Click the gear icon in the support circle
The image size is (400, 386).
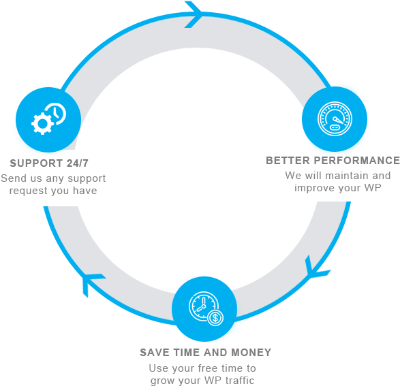(42, 124)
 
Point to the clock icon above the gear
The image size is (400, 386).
(56, 113)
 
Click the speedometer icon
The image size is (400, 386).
(335, 118)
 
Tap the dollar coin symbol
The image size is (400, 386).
(215, 318)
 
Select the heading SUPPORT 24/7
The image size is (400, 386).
(49, 163)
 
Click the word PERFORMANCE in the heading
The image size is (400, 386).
(356, 161)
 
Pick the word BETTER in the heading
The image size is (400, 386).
(288, 161)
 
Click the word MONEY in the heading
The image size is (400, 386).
(251, 353)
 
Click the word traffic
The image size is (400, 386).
(240, 381)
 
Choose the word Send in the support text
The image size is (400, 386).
(14, 178)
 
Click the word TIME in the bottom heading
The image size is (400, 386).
(187, 353)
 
